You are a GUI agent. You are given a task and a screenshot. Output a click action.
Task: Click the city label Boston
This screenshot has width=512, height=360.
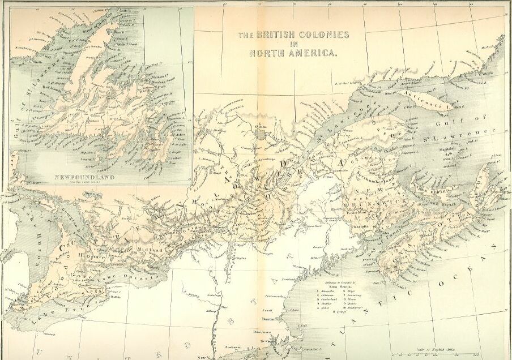(x=268, y=319)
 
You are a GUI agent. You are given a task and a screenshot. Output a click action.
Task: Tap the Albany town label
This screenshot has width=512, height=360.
(x=211, y=311)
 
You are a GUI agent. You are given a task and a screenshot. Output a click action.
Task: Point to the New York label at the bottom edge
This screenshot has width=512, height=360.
(x=205, y=357)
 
